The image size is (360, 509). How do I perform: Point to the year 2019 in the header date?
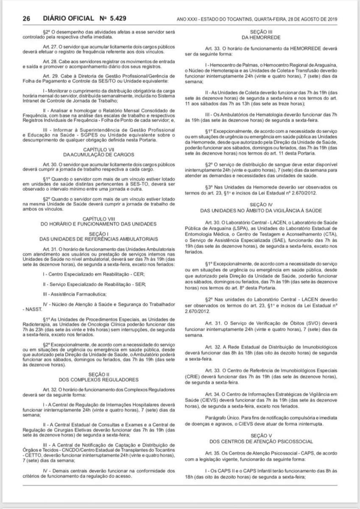pos(329,20)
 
